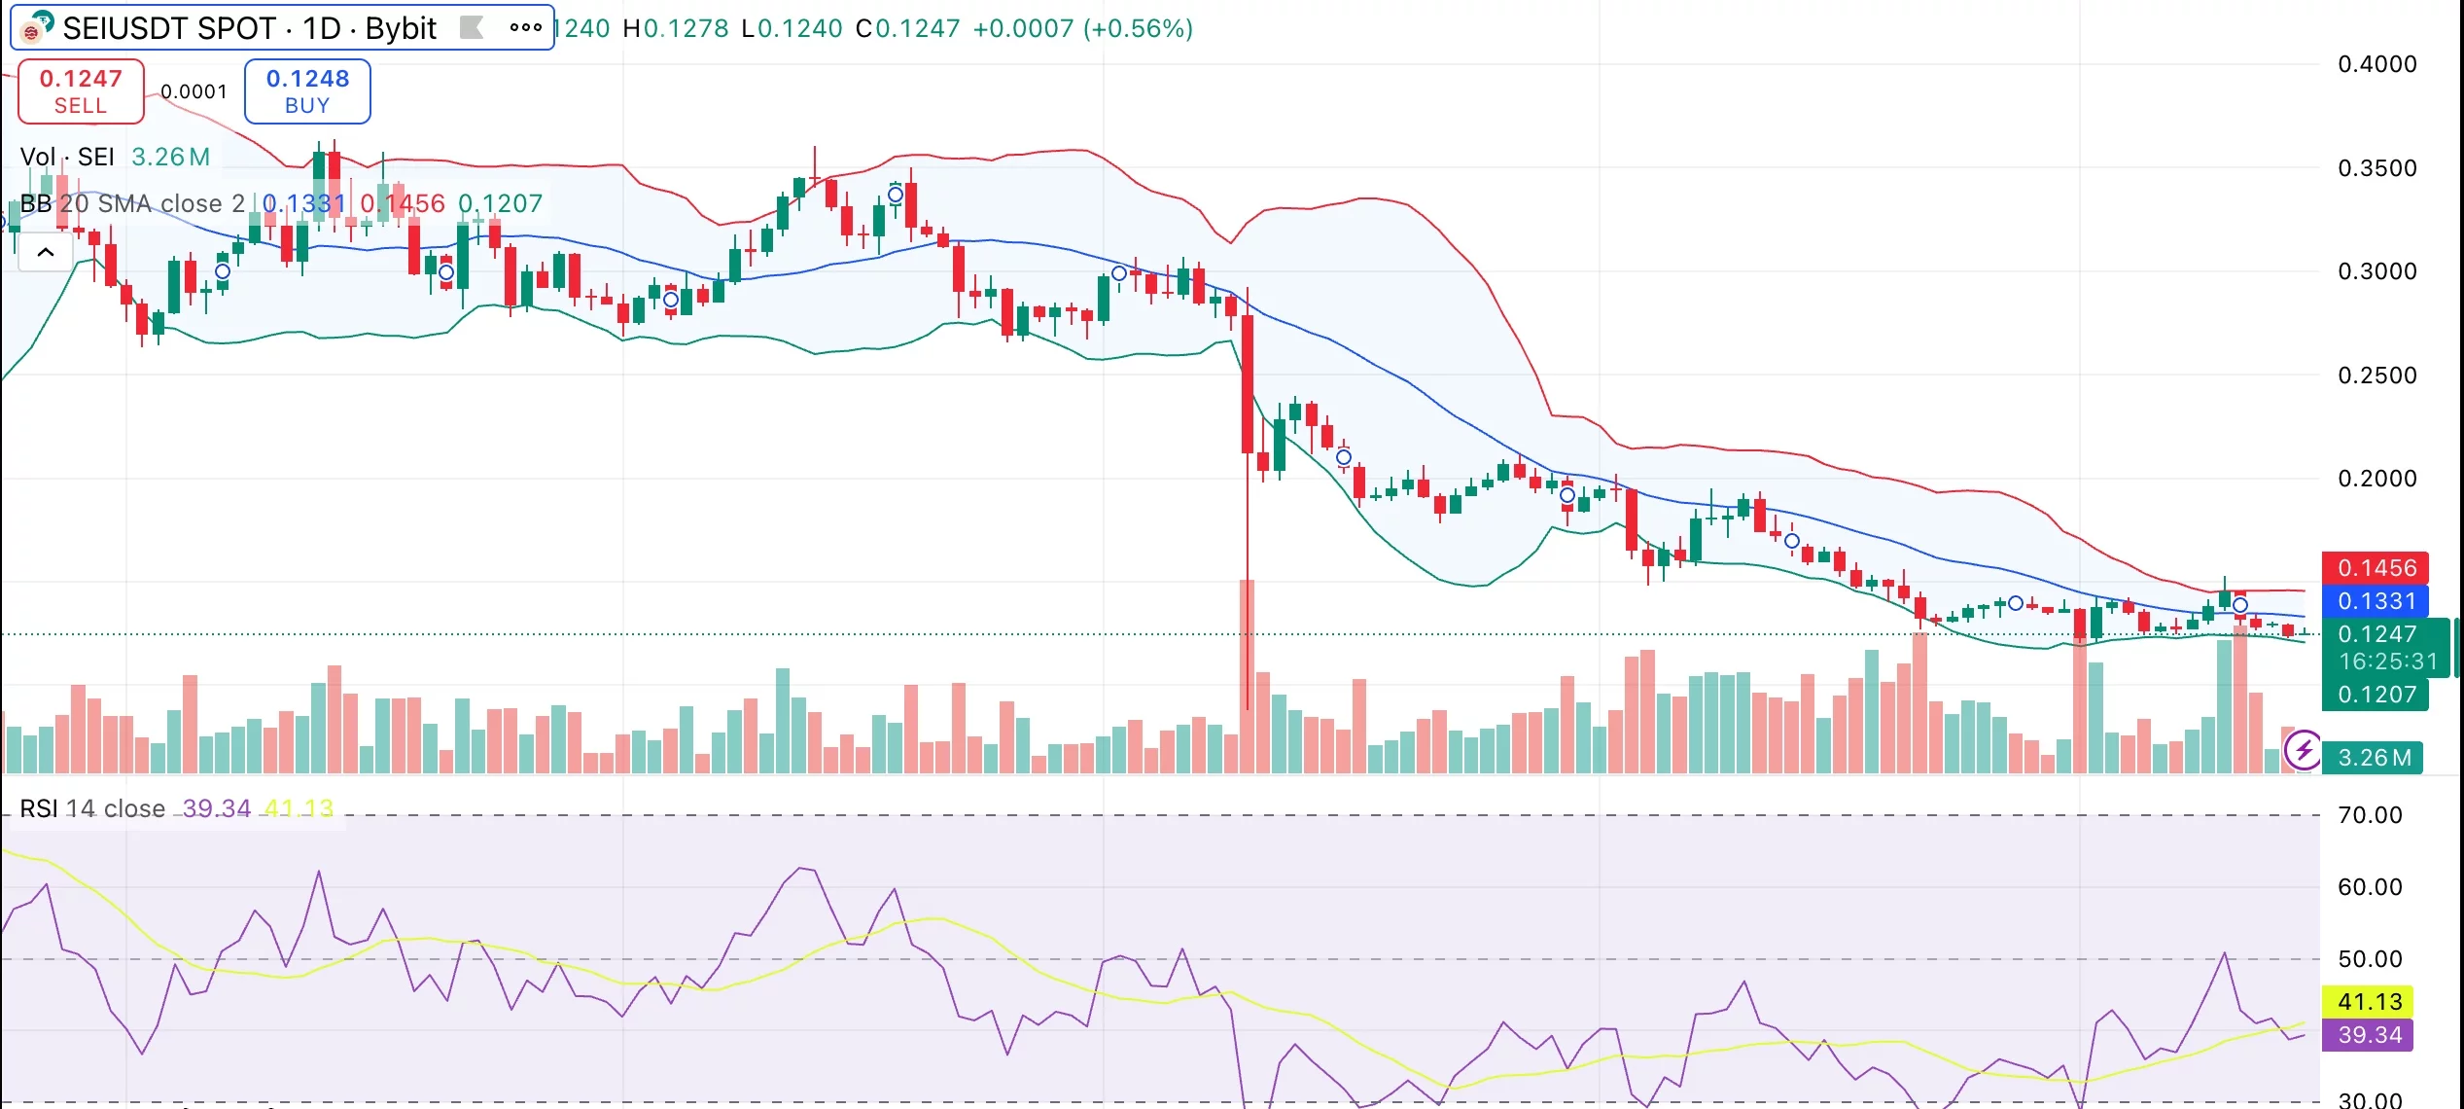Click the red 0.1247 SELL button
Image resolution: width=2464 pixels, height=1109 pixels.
tap(81, 91)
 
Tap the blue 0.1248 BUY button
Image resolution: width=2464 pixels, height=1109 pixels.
tap(307, 91)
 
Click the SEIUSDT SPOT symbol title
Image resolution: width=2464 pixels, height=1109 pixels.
tap(249, 28)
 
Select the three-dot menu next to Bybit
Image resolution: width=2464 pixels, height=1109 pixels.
tap(525, 27)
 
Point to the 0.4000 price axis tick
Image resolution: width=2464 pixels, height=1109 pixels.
tap(2376, 64)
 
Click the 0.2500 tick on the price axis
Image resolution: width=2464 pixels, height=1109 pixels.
tap(2376, 376)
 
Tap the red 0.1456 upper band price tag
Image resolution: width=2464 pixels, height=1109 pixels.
tap(2376, 568)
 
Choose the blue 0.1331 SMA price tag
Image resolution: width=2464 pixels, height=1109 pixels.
tap(2376, 601)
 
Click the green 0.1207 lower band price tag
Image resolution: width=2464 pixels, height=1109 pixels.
tap(2376, 695)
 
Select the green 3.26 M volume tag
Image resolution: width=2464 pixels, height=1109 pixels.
tap(2375, 758)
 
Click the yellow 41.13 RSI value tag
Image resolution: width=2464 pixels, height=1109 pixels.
tap(2370, 1001)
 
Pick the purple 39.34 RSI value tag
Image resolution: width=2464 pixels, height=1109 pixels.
tap(2370, 1034)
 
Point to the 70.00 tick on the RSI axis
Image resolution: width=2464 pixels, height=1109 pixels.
tap(2370, 815)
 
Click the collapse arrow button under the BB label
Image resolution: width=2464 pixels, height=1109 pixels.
tap(46, 253)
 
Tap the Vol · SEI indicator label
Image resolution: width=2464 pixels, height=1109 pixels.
tap(67, 157)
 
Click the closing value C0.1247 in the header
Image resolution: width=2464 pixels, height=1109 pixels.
tap(907, 28)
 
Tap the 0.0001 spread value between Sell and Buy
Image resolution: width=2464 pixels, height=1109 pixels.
tap(194, 92)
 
